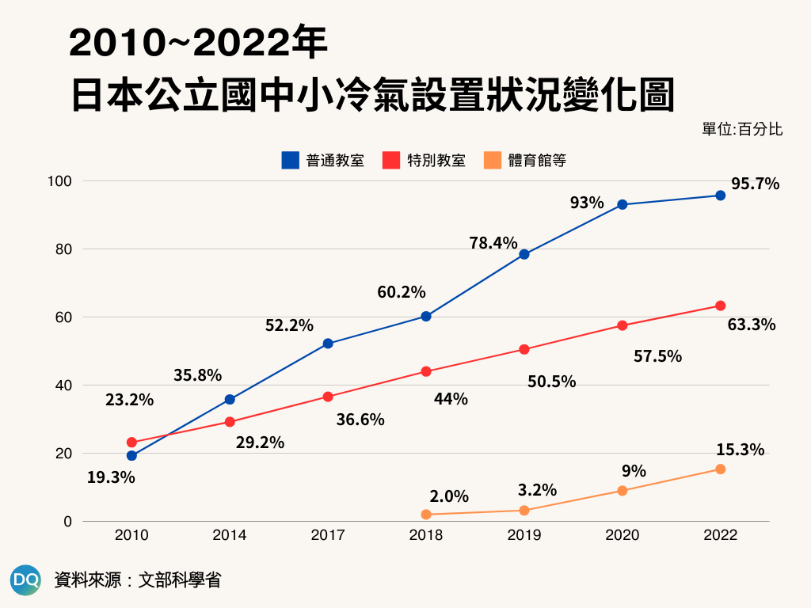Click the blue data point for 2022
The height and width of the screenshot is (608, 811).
point(720,196)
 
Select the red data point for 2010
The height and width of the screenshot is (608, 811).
point(131,443)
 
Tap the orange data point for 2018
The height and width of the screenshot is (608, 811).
point(426,515)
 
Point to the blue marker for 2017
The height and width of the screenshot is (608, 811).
point(328,344)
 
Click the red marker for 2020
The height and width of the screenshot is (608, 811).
point(623,325)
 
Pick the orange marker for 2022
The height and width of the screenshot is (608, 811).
point(720,469)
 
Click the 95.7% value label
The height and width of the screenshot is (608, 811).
point(755,184)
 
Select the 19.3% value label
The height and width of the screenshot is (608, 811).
point(111,477)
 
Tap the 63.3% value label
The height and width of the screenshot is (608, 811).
point(751,324)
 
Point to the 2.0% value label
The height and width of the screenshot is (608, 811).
point(449,497)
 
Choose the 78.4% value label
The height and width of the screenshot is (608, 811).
point(493,243)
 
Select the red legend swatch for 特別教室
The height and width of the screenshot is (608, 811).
point(390,161)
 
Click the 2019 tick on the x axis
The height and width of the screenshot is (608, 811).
point(524,535)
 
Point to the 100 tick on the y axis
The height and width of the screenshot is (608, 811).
point(60,181)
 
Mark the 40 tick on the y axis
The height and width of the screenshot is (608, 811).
point(63,386)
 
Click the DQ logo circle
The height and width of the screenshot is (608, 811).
point(26,579)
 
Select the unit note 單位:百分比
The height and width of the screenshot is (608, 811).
point(742,129)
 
